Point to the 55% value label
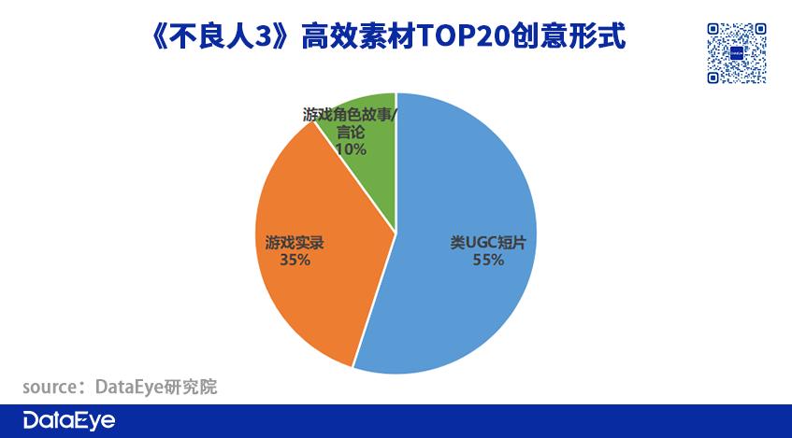488,260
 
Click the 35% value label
295,260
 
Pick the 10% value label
351,149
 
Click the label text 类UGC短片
488,243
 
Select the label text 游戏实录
295,243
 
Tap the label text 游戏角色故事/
350,115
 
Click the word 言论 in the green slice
350,133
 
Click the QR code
737,53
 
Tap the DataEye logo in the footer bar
69,421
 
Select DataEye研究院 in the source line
156,387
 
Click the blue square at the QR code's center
737,53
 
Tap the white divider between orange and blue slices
374,299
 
